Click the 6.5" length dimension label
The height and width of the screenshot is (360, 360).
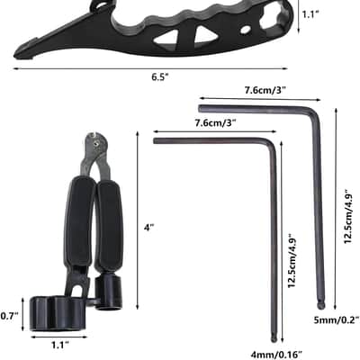click(160, 77)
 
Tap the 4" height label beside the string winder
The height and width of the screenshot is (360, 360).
click(148, 228)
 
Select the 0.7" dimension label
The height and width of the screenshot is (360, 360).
click(9, 316)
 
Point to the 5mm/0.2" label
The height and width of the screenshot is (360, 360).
click(337, 319)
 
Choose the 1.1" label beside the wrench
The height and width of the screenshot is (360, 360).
click(310, 14)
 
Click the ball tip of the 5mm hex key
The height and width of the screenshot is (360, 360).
click(320, 305)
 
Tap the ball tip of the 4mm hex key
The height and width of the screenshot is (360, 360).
click(274, 338)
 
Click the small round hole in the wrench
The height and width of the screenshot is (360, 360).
click(246, 30)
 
